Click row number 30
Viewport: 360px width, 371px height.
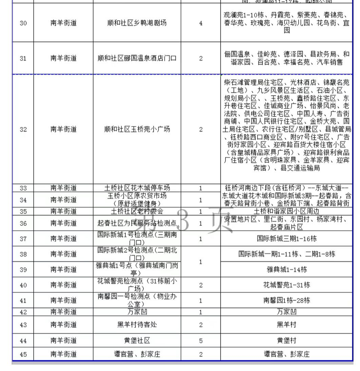23,23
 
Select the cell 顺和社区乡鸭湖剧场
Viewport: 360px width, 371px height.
136,23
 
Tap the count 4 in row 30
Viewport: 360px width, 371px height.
201,23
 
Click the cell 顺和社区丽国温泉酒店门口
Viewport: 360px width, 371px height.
136,58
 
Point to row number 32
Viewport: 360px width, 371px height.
23,129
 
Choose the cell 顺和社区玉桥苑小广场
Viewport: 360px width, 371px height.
136,129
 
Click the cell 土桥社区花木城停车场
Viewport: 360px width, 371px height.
136,188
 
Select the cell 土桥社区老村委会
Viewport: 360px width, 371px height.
136,211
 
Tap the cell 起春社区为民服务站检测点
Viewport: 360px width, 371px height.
136,223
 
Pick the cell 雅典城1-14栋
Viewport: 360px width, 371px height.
286,270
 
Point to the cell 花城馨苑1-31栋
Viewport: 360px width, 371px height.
286,285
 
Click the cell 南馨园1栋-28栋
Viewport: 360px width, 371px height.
286,301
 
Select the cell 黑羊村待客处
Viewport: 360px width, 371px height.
136,325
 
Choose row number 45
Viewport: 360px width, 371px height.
23,354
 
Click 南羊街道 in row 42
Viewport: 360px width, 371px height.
63,312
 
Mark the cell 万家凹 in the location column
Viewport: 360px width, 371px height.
136,312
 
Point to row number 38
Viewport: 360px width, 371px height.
23,254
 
